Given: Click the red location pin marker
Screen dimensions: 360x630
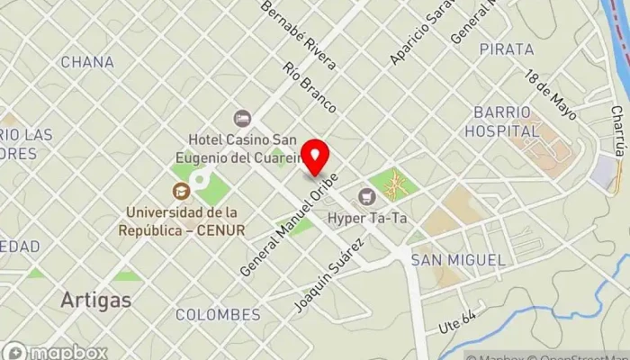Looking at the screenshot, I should click(314, 157).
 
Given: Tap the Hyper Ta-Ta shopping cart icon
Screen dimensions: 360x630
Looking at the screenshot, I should click(366, 196).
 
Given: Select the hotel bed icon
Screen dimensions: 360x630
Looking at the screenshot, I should click(241, 118).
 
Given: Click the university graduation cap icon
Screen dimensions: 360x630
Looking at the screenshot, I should click(181, 191).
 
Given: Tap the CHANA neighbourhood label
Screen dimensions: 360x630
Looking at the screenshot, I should click(87, 62).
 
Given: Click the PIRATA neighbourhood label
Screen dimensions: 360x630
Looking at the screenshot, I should click(507, 49).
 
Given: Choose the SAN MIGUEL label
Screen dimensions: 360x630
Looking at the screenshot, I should click(457, 259).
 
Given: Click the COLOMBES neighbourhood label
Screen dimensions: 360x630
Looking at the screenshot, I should click(218, 315).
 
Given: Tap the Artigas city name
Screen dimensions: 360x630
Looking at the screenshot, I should click(95, 300).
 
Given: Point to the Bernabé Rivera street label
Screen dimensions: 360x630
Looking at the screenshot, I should click(298, 35).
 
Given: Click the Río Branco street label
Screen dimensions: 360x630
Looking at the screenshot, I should click(309, 87).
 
